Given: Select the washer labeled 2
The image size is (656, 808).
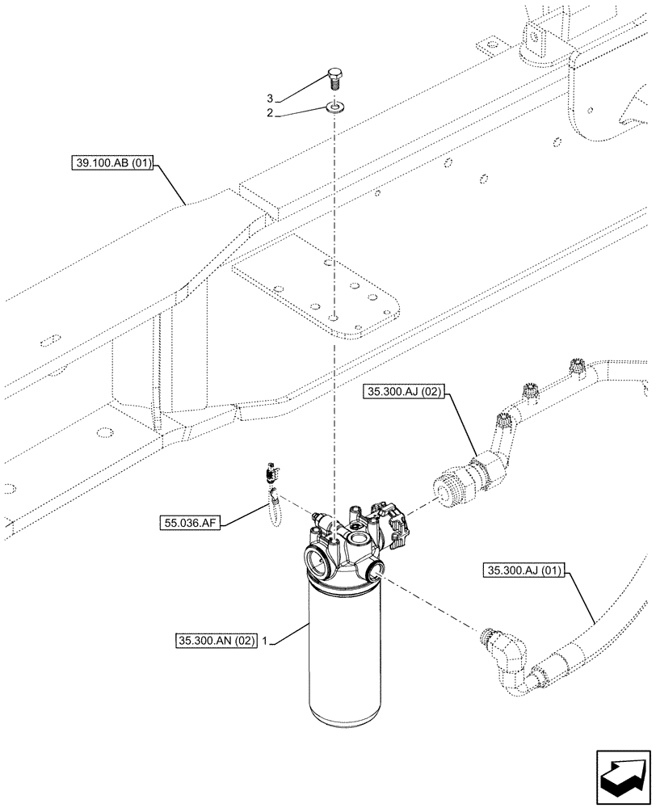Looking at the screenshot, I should pyautogui.click(x=334, y=105).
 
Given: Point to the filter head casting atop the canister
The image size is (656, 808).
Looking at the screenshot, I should pyautogui.click(x=347, y=545).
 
